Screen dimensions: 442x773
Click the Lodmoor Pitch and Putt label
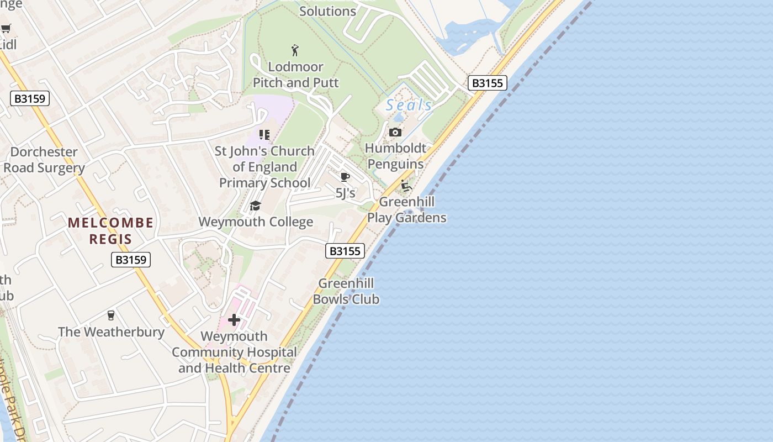click(295, 75)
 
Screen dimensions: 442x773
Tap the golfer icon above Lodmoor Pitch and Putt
click(295, 50)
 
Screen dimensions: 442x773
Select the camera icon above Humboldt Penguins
click(395, 132)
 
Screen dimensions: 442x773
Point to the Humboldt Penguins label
click(396, 156)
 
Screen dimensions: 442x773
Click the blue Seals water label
click(409, 105)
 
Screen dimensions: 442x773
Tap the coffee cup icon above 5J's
click(345, 177)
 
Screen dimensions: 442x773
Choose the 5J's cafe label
click(346, 193)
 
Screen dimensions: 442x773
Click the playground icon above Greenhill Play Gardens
click(406, 186)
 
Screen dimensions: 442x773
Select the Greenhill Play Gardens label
click(407, 209)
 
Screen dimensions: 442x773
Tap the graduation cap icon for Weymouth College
click(255, 206)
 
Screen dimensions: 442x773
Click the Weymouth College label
click(256, 222)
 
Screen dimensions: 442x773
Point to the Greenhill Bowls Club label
click(346, 291)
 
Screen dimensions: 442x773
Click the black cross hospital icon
click(234, 319)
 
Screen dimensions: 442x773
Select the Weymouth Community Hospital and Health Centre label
click(234, 352)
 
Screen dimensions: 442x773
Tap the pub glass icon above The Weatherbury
click(111, 315)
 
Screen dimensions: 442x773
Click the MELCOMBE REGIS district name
click(111, 231)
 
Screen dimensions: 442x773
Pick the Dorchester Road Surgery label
click(44, 160)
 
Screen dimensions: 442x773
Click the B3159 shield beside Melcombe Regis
click(131, 260)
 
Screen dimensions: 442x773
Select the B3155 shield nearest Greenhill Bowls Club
click(345, 251)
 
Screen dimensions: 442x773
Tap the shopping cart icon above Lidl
click(6, 29)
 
